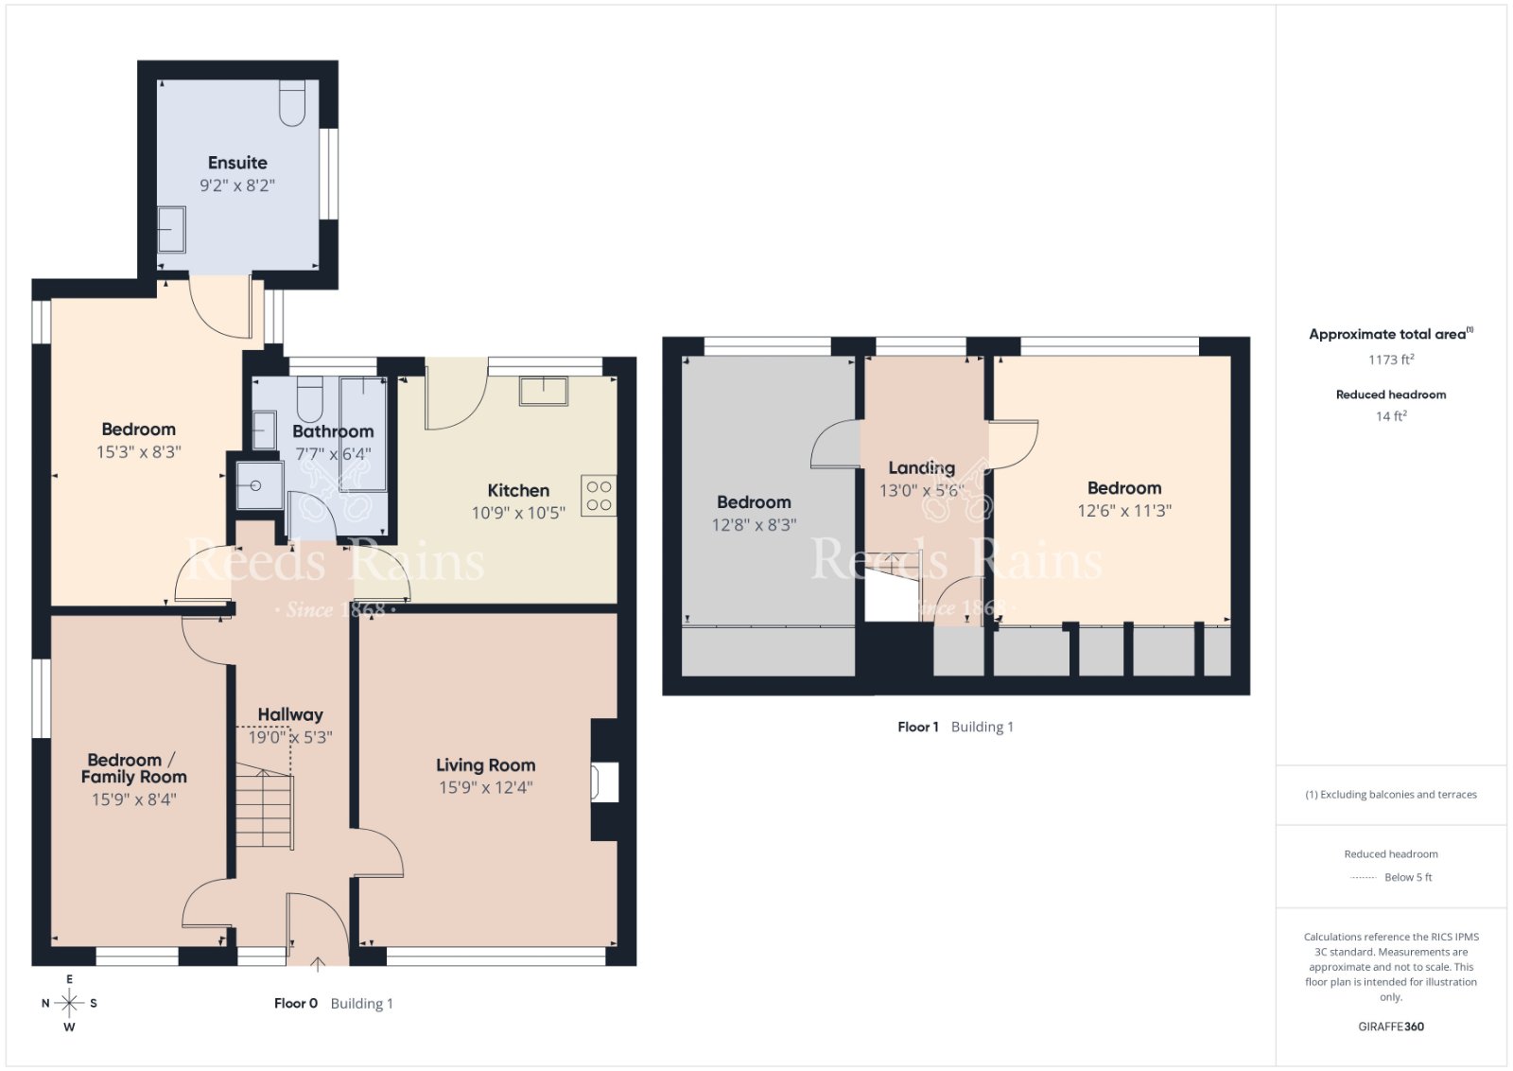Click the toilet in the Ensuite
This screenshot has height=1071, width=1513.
(x=292, y=103)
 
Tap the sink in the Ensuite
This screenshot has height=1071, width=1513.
(x=171, y=229)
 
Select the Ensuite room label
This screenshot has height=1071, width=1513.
(x=237, y=163)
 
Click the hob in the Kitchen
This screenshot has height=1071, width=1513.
(x=599, y=496)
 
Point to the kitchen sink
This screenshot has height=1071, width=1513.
(x=543, y=392)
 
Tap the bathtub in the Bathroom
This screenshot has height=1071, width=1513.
(x=363, y=434)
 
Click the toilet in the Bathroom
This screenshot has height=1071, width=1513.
(x=310, y=398)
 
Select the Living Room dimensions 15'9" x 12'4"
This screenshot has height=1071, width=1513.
(x=486, y=787)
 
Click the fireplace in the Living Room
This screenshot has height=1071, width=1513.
(x=604, y=781)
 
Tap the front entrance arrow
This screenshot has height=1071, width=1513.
(x=318, y=964)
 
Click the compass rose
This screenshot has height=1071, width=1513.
(x=69, y=1003)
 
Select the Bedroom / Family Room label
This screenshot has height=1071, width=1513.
(x=133, y=768)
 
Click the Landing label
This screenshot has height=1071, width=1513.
(x=921, y=467)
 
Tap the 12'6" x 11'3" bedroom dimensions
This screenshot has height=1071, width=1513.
(x=1124, y=510)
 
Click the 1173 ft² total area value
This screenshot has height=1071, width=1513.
(x=1391, y=359)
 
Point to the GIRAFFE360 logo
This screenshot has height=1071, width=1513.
(x=1391, y=1027)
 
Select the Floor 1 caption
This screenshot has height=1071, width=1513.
(x=918, y=727)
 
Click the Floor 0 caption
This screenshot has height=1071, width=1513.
(x=296, y=1004)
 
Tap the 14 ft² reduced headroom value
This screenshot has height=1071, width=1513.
(x=1391, y=415)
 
